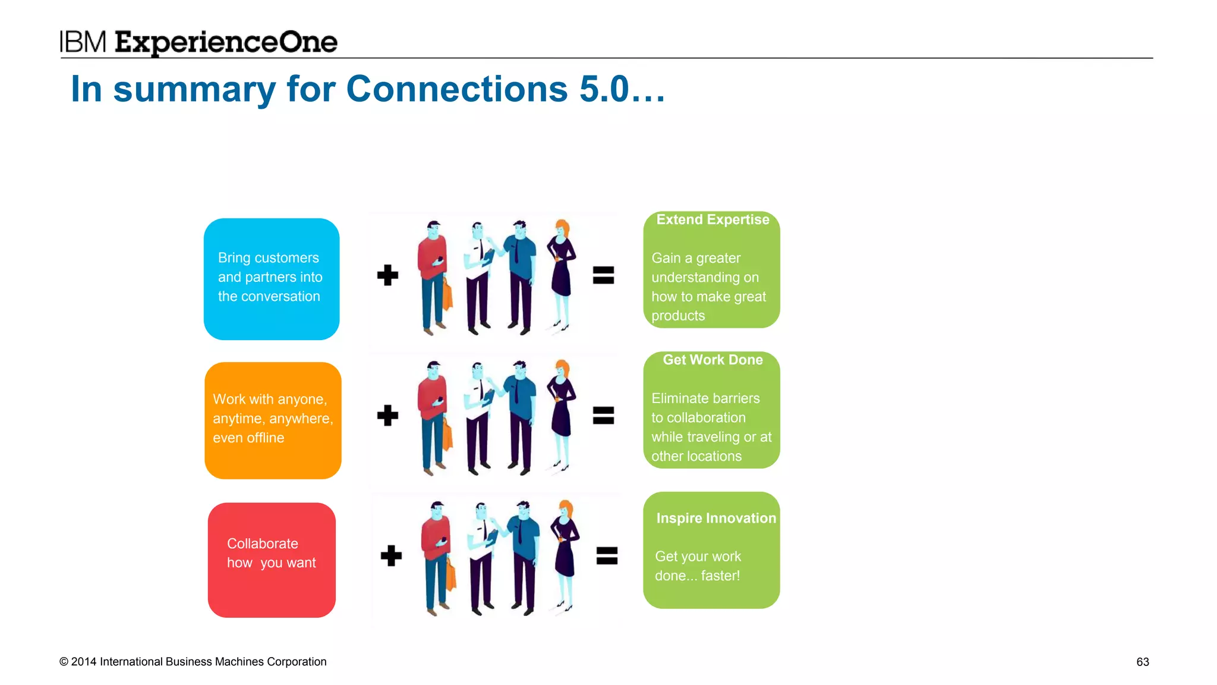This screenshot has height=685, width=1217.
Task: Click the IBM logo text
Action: [x=83, y=42]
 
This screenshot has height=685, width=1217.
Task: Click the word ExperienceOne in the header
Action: [x=226, y=43]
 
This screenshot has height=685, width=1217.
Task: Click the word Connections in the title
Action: [x=457, y=89]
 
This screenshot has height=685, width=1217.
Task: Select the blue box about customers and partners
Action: [x=272, y=279]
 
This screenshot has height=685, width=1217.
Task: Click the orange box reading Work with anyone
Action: [x=273, y=420]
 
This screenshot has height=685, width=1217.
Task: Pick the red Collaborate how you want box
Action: [x=272, y=560]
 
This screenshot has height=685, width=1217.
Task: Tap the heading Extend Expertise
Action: [x=712, y=220]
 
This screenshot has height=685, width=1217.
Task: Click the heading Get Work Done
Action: [x=712, y=360]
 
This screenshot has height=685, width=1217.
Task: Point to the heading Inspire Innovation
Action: [x=715, y=518]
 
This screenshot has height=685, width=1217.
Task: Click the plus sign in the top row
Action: [x=387, y=275]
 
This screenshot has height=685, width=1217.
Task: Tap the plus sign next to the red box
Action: [x=391, y=556]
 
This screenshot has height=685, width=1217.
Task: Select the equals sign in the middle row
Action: [x=603, y=416]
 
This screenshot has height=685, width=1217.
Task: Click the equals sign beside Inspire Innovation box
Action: [x=607, y=556]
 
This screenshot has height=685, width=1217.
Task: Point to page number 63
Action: [x=1142, y=662]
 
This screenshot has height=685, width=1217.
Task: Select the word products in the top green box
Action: [x=678, y=316]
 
